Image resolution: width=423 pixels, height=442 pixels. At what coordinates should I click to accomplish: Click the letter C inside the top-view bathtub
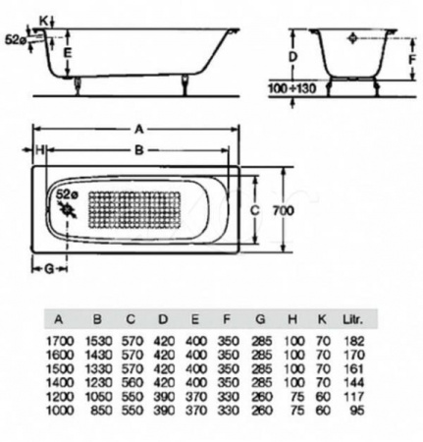tap(252, 209)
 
